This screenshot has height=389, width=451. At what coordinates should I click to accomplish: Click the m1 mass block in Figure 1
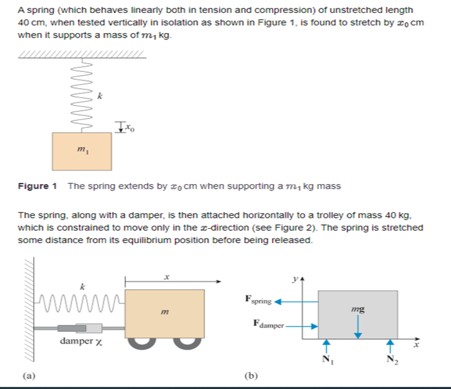pyautogui.click(x=82, y=151)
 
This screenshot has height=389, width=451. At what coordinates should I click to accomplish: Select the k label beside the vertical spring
pyautogui.click(x=99, y=95)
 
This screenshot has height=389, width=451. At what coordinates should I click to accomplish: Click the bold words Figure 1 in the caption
pyautogui.click(x=37, y=186)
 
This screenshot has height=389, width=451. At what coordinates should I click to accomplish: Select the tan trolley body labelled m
pyautogui.click(x=165, y=312)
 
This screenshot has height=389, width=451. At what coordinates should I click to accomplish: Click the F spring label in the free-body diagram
pyautogui.click(x=259, y=301)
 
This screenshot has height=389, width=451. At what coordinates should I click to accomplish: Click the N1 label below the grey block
pyautogui.click(x=326, y=360)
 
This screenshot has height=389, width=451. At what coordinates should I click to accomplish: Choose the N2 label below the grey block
pyautogui.click(x=390, y=360)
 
